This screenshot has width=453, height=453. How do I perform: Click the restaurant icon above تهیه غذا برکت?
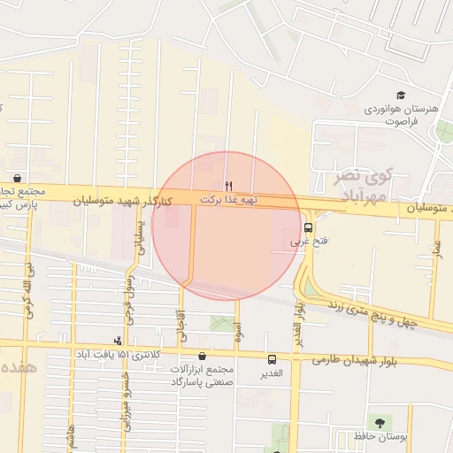(x=229, y=186)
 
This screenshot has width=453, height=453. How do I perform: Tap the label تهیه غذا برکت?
(x=228, y=200)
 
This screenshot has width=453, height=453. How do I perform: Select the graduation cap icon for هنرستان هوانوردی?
(x=401, y=96)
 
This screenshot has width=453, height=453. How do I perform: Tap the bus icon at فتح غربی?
(x=308, y=227)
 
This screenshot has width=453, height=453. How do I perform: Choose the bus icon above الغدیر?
(x=271, y=359)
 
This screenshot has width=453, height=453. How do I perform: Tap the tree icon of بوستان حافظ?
(x=380, y=421)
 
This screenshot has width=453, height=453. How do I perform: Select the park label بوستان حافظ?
(x=380, y=437)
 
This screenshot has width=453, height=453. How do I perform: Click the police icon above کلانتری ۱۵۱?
(x=119, y=341)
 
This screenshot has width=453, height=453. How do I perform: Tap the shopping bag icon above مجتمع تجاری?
(x=18, y=177)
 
